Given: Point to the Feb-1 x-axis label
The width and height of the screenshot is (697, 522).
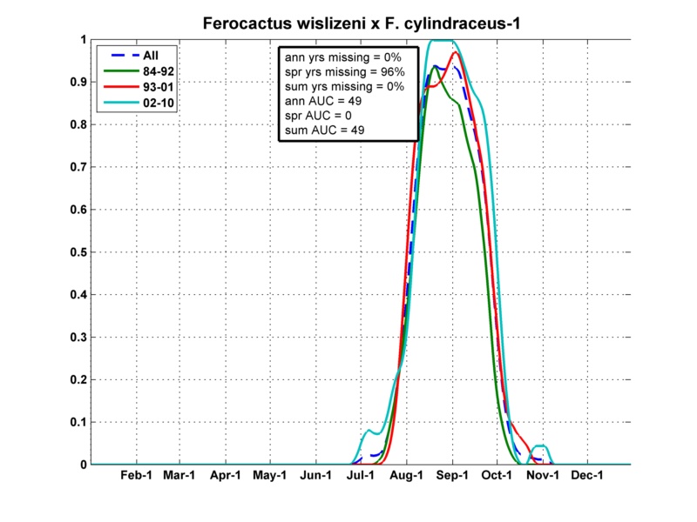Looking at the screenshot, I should pyautogui.click(x=135, y=476).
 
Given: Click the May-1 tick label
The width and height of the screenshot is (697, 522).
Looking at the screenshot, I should pyautogui.click(x=270, y=476).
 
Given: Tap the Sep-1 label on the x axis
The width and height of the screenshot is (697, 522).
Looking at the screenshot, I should pyautogui.click(x=452, y=476).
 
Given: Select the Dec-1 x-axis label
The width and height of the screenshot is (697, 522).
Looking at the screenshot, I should pyautogui.click(x=587, y=476).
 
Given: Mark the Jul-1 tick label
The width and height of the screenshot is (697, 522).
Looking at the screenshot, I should pyautogui.click(x=361, y=476).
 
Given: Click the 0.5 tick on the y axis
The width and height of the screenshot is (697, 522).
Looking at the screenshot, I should pyautogui.click(x=77, y=251).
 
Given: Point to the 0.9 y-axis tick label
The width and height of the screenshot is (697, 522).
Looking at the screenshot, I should pyautogui.click(x=77, y=82).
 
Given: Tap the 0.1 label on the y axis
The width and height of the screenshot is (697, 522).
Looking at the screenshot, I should pyautogui.click(x=77, y=422).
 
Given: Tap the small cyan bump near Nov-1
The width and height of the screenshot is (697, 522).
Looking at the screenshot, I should pyautogui.click(x=540, y=446).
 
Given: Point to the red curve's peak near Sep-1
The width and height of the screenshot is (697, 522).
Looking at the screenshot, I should pyautogui.click(x=455, y=53).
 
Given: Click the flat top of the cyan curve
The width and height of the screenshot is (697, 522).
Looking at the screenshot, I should pyautogui.click(x=442, y=41).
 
